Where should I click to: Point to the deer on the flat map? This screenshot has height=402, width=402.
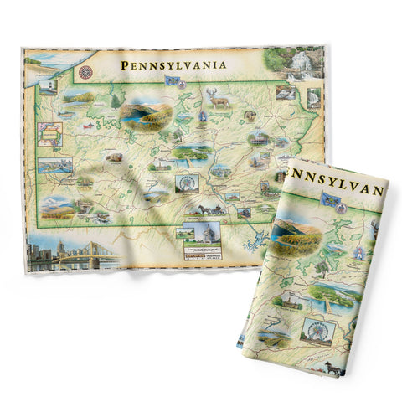(220, 101)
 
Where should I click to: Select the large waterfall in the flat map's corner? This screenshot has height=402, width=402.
(298, 63)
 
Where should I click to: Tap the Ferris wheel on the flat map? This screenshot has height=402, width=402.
(186, 183)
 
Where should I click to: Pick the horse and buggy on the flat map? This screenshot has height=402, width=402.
(206, 209)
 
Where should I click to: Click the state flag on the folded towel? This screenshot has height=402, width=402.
(328, 198)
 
